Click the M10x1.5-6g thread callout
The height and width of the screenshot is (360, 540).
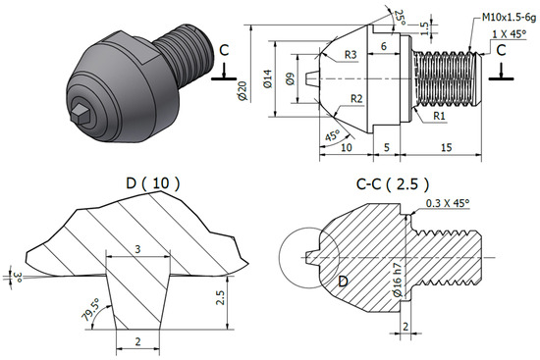coord(509,18)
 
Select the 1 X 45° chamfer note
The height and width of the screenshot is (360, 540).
coord(509,34)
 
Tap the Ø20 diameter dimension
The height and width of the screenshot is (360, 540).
coord(243,91)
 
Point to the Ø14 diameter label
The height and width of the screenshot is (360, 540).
coord(268,78)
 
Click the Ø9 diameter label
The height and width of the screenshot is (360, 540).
coord(291,78)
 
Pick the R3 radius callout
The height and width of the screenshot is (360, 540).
coord(351,55)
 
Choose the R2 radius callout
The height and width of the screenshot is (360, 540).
coord(356,99)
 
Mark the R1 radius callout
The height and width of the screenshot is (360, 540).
coord(439,116)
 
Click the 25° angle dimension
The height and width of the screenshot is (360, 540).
coord(400,18)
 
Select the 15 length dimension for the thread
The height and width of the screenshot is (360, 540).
coord(446,147)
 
